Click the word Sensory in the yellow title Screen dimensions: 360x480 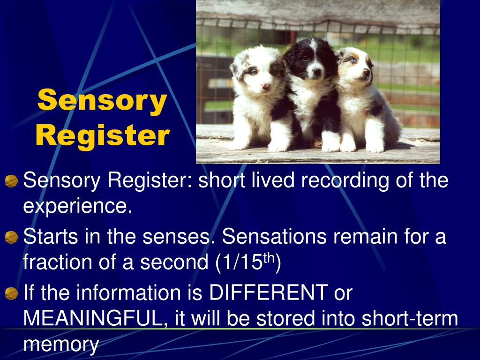coord(102,101)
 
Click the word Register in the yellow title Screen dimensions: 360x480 coord(102,135)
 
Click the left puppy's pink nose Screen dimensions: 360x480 coord(266,87)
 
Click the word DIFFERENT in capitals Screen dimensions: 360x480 coord(268,293)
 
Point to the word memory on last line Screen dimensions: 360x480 coord(61,345)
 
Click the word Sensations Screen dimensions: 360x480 coord(274,237)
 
